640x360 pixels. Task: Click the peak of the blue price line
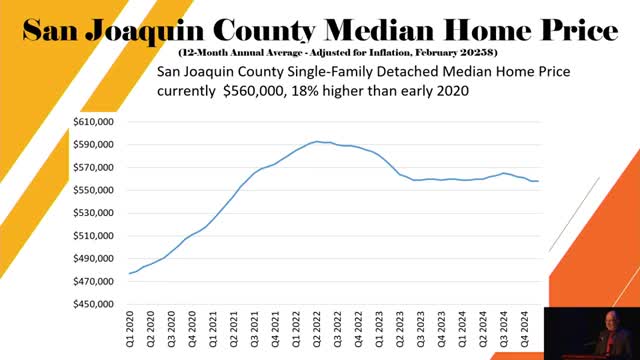coord(317,141)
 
